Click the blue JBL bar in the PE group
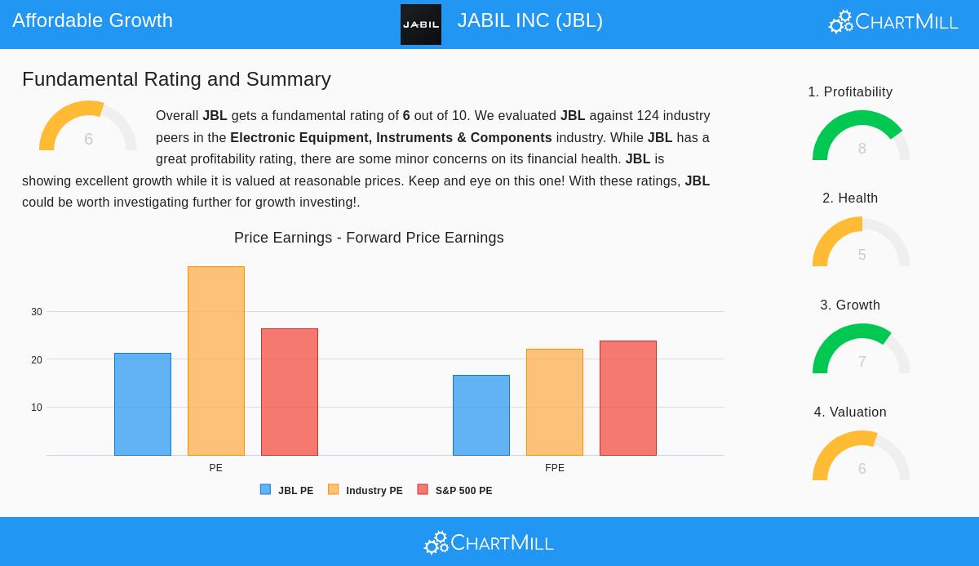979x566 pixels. pos(143,404)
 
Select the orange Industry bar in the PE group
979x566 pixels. pos(216,361)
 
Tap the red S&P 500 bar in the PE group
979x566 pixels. pos(290,392)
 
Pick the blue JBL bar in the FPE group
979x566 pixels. pos(481,415)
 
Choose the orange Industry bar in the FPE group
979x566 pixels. pos(555,402)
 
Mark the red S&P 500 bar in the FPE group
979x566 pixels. pos(628,398)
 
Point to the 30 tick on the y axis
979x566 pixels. pos(37,312)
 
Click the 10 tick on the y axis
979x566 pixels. pos(37,408)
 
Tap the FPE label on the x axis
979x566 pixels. pos(555,468)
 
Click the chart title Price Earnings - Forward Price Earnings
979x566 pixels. pos(369,238)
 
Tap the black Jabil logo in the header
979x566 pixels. pos(421,25)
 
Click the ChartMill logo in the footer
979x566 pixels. pos(489,542)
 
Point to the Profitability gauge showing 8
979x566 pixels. pos(861,136)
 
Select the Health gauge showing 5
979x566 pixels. pos(861,243)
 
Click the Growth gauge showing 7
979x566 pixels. pos(861,350)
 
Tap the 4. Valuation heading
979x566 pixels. pos(850,412)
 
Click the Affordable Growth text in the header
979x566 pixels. pos(93,20)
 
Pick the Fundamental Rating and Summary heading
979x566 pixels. pos(176,79)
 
